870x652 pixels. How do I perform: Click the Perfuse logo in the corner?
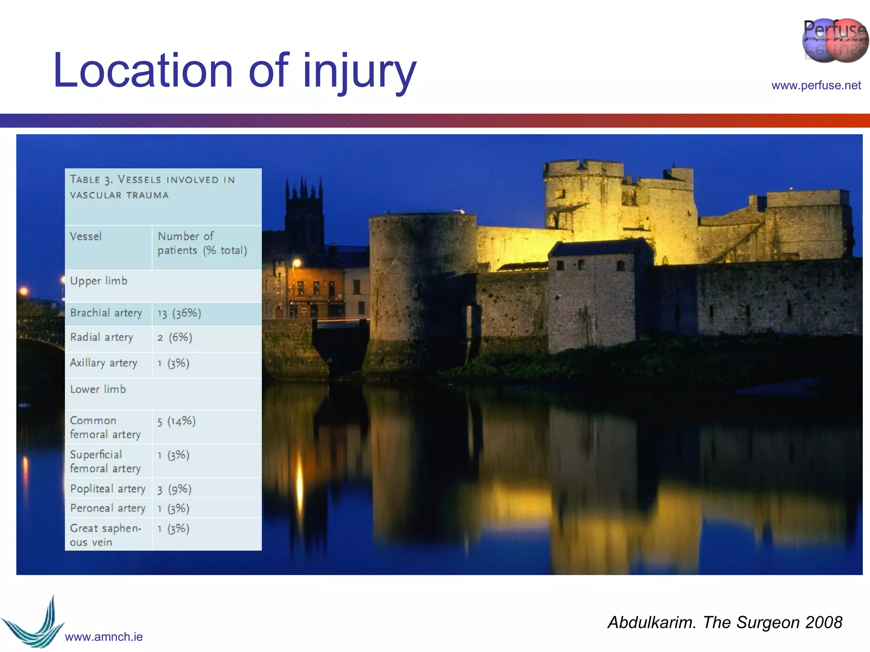835,40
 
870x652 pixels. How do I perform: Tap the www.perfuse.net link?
816,85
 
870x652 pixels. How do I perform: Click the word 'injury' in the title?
359,71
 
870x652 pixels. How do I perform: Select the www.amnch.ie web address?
104,637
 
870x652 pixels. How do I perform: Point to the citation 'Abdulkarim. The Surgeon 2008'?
724,622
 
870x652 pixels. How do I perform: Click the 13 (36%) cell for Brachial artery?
179,313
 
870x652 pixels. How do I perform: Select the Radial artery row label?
102,337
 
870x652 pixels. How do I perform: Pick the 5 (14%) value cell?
176,421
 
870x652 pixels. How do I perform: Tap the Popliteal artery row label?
107,489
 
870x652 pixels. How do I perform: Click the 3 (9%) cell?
175,489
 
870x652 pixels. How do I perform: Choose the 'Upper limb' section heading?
99,281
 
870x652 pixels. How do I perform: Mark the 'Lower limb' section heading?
98,389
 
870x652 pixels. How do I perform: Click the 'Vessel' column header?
86,236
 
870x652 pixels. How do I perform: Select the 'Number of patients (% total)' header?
202,243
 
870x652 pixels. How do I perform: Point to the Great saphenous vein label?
105,535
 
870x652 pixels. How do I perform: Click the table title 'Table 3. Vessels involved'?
152,187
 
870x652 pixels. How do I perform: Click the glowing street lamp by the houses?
297,263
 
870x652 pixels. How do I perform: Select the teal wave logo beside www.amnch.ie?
34,624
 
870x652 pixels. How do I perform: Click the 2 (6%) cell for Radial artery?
175,337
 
